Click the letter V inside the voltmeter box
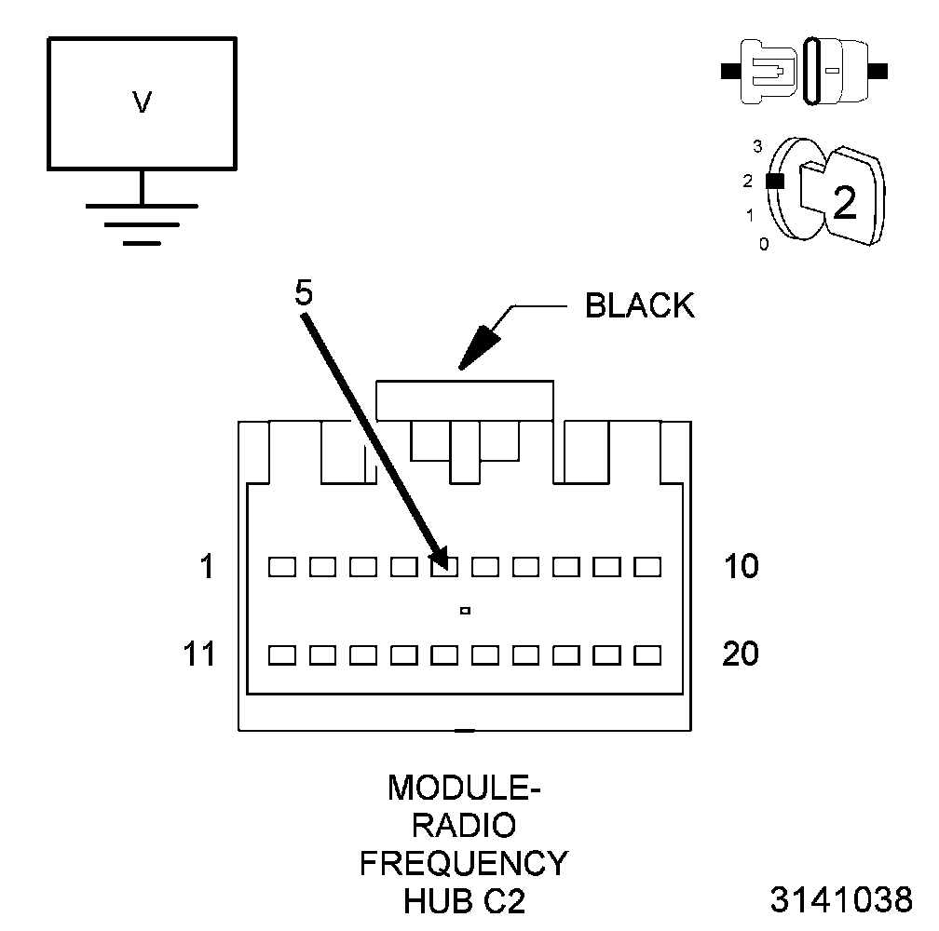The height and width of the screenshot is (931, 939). [x=142, y=102]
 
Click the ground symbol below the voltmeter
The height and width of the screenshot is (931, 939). [x=142, y=223]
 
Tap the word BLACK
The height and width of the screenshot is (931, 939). [x=639, y=306]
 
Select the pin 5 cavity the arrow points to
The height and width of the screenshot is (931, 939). [x=444, y=566]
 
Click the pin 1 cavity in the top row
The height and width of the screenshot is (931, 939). [x=281, y=566]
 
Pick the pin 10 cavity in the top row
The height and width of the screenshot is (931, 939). [x=646, y=566]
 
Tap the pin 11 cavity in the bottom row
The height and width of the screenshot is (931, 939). [x=281, y=654]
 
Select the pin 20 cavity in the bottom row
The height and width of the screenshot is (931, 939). [x=646, y=654]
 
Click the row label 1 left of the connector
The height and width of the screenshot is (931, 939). [x=207, y=566]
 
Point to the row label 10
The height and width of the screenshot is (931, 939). [x=741, y=566]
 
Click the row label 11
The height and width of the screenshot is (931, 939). [x=198, y=654]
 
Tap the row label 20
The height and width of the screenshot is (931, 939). [x=741, y=654]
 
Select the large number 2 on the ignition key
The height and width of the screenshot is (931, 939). [x=844, y=203]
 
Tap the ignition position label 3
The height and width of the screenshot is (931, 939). [x=758, y=146]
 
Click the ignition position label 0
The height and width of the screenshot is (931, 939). [x=764, y=245]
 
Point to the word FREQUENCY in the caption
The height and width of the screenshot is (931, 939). [x=463, y=863]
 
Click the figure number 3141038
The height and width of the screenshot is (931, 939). [x=841, y=900]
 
